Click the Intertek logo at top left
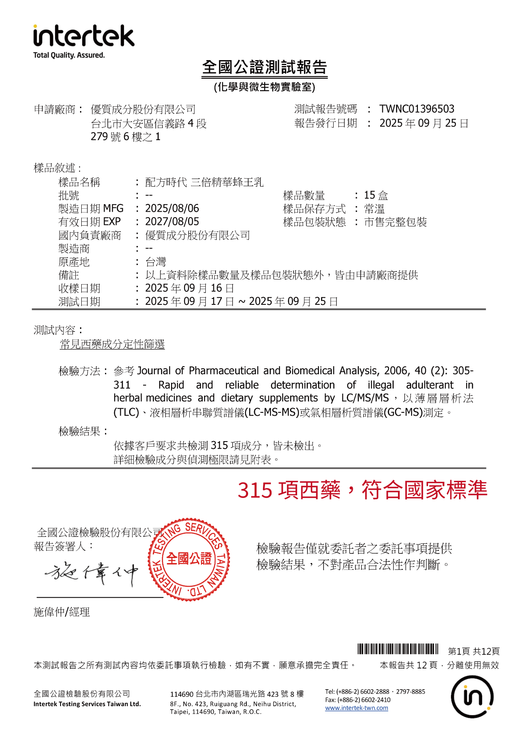(x=83, y=36)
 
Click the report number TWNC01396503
(x=417, y=109)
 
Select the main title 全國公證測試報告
(x=265, y=67)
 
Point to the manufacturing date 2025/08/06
(x=172, y=208)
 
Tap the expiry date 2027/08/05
(x=172, y=221)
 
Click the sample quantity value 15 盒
(x=376, y=195)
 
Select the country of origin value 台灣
(x=156, y=262)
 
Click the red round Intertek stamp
(x=189, y=559)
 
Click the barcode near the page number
(x=398, y=649)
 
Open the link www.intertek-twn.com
(x=356, y=708)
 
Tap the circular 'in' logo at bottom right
(x=472, y=697)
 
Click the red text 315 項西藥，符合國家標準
(x=362, y=490)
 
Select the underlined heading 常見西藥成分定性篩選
(x=112, y=344)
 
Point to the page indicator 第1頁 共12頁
(x=474, y=651)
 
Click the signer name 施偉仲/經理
(x=62, y=612)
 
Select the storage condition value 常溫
(x=374, y=209)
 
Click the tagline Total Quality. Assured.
(x=69, y=55)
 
